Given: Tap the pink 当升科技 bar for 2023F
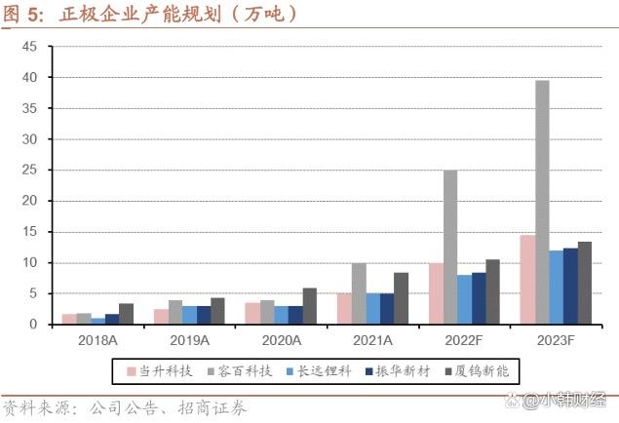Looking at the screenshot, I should [527, 280].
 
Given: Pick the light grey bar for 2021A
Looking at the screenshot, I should [359, 293].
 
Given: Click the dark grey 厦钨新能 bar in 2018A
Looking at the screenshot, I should [126, 314].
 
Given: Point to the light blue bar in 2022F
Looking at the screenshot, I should [465, 299].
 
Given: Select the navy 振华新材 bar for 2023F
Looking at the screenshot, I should [570, 286].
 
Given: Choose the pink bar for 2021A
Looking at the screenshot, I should [344, 309].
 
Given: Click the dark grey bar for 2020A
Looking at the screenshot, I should [310, 306].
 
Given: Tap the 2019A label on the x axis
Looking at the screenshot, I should [189, 340].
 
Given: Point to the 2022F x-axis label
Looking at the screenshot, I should [465, 340].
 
